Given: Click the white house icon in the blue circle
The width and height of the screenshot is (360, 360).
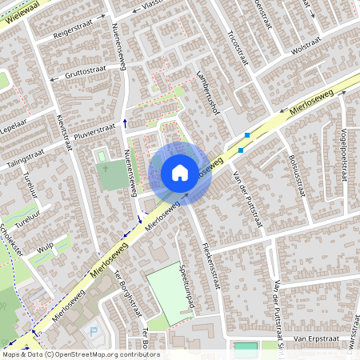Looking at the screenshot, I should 180,172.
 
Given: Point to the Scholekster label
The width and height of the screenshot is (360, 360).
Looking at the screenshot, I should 11,236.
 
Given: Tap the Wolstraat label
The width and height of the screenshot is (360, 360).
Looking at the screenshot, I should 311,48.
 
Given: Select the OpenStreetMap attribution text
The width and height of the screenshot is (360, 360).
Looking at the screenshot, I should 80,354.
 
